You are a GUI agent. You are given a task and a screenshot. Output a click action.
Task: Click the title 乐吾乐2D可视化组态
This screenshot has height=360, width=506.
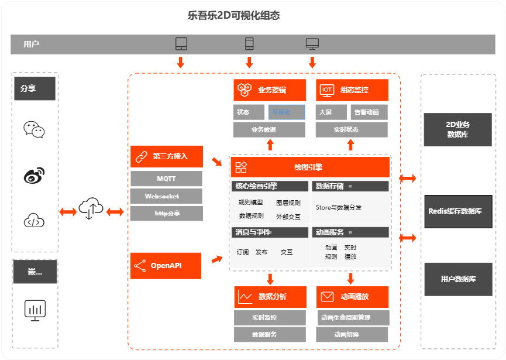click(x=234, y=16)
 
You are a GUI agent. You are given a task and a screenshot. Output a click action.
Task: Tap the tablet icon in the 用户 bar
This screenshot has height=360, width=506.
click(x=181, y=44)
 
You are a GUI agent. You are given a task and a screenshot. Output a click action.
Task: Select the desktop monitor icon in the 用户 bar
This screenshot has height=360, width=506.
click(x=312, y=44)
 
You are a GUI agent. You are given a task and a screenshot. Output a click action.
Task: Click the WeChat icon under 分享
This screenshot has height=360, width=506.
click(x=34, y=129)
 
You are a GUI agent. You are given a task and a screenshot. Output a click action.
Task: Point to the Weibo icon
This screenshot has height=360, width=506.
click(x=34, y=174)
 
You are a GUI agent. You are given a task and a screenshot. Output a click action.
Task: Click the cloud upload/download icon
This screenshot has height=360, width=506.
click(x=91, y=208)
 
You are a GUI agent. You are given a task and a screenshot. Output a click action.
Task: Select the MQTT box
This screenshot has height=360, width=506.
click(x=166, y=179)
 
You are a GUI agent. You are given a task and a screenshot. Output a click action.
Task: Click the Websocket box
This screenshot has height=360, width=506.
click(x=166, y=196)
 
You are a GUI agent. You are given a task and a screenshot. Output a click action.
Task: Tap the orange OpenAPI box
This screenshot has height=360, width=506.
click(x=166, y=266)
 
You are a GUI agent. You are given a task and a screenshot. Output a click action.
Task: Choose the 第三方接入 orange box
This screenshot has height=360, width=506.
click(x=166, y=156)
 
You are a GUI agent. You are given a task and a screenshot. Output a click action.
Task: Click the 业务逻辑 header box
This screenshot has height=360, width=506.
click(x=270, y=90)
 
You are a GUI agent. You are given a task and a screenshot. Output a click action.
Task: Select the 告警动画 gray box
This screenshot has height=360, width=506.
click(x=368, y=112)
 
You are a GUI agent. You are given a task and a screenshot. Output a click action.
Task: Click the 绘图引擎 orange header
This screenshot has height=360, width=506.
click(x=310, y=167)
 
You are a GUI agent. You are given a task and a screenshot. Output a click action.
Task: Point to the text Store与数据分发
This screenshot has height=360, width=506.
click(x=339, y=207)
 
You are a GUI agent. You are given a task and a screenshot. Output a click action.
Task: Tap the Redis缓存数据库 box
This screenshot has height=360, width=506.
click(x=457, y=211)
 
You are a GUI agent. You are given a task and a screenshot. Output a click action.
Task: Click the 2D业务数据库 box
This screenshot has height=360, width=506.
click(x=457, y=129)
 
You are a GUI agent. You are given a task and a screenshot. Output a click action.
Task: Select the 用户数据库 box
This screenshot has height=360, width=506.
click(x=457, y=279)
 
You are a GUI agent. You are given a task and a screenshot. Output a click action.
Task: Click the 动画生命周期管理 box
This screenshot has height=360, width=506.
click(x=353, y=318)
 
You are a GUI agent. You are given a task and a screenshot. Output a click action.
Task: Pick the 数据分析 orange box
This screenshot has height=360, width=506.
click(x=270, y=297)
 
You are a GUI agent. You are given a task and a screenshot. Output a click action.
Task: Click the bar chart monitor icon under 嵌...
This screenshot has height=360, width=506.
click(x=35, y=309)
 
